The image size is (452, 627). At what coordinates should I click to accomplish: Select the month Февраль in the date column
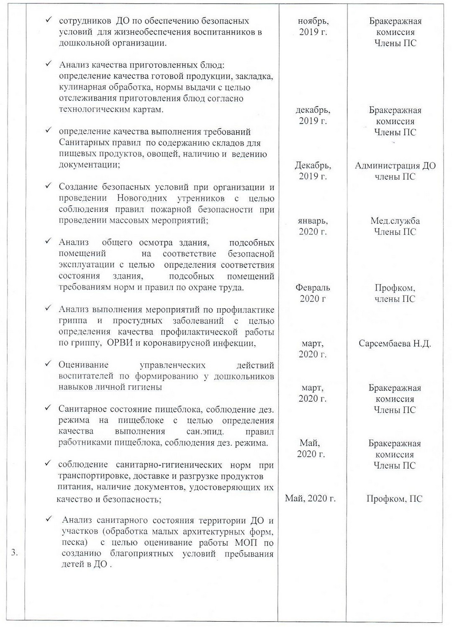[x=313, y=288]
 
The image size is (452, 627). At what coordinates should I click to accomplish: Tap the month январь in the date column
[x=313, y=221]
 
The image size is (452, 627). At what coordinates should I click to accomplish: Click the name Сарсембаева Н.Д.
[x=395, y=344]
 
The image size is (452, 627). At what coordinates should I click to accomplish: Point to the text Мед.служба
[x=395, y=221]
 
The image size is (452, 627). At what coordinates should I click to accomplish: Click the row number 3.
[x=14, y=553]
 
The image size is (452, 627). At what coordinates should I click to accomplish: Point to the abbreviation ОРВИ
[x=119, y=343]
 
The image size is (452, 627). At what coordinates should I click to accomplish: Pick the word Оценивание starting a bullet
[x=83, y=365]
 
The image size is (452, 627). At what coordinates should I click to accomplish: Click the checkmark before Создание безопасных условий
[x=49, y=186]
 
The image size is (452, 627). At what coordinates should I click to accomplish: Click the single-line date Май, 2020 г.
[x=310, y=498]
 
